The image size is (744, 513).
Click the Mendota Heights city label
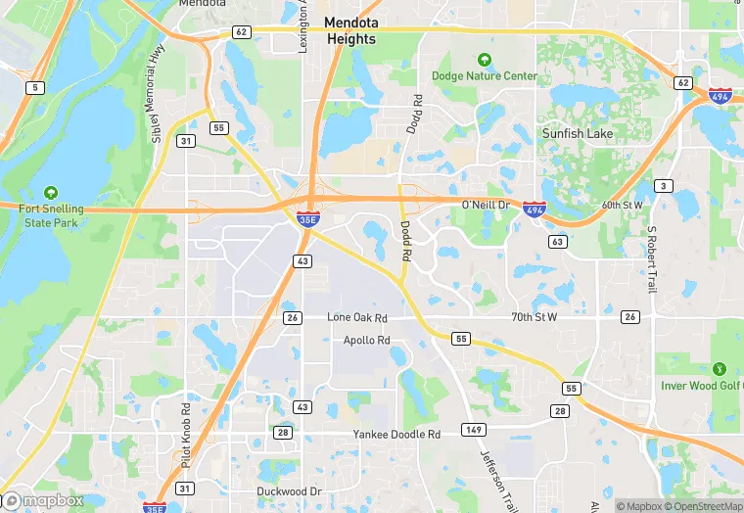pyautogui.click(x=349, y=30)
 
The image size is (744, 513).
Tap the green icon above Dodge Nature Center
pyautogui.click(x=483, y=60)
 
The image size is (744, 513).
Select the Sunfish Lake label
pyautogui.click(x=578, y=133)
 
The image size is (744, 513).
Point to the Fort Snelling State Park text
pyautogui.click(x=51, y=215)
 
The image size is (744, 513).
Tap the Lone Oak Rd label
pyautogui.click(x=357, y=318)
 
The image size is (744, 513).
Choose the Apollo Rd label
pyautogui.click(x=367, y=341)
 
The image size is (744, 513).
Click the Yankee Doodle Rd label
pyautogui.click(x=396, y=434)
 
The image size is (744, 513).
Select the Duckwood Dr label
pyautogui.click(x=289, y=490)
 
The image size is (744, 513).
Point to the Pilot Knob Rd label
pyautogui.click(x=185, y=432)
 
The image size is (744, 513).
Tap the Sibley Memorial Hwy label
pyautogui.click(x=157, y=93)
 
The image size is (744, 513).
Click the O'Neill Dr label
pyautogui.click(x=486, y=205)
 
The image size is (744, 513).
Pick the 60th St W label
pyautogui.click(x=623, y=205)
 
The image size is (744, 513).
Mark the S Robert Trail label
pyautogui.click(x=651, y=259)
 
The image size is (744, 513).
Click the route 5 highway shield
pyautogui.click(x=36, y=88)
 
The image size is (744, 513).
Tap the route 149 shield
pyautogui.click(x=474, y=430)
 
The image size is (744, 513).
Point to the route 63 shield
pyautogui.click(x=558, y=241)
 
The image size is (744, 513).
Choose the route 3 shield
pyautogui.click(x=665, y=186)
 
